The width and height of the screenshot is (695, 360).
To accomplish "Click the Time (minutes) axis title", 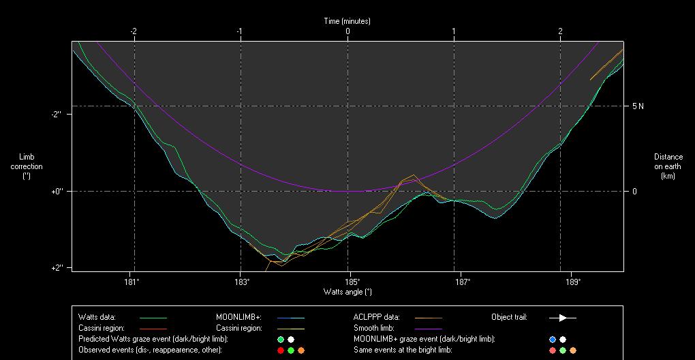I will click(x=347, y=21).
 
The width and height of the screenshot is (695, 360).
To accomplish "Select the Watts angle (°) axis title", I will click(x=347, y=292).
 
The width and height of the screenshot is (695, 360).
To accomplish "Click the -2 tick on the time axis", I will click(x=134, y=31).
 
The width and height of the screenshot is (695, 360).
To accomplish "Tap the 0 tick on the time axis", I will click(x=347, y=31).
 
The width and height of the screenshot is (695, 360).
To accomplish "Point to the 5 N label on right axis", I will click(x=638, y=106).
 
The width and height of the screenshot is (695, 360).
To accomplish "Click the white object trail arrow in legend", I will click(x=562, y=317).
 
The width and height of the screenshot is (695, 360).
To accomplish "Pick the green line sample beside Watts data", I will click(x=153, y=318).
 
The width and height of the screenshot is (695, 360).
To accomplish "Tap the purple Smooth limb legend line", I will click(x=428, y=328).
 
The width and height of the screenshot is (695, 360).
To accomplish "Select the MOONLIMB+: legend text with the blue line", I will click(x=235, y=317).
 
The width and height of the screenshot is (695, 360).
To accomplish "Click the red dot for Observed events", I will click(x=281, y=350).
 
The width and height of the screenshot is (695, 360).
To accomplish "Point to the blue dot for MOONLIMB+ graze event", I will click(x=553, y=339).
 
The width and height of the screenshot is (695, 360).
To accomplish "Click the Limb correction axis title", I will click(x=27, y=166).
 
